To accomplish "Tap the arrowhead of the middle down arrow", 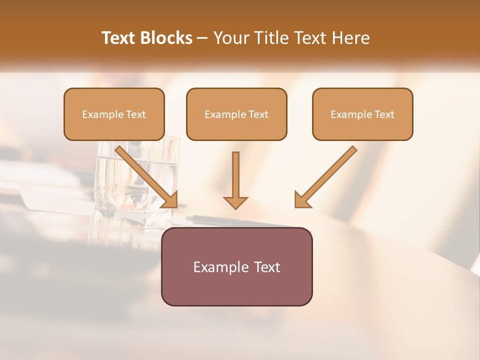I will click(x=235, y=202).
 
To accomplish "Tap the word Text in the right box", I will click(x=383, y=114).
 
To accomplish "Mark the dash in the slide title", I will click(x=202, y=38).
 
